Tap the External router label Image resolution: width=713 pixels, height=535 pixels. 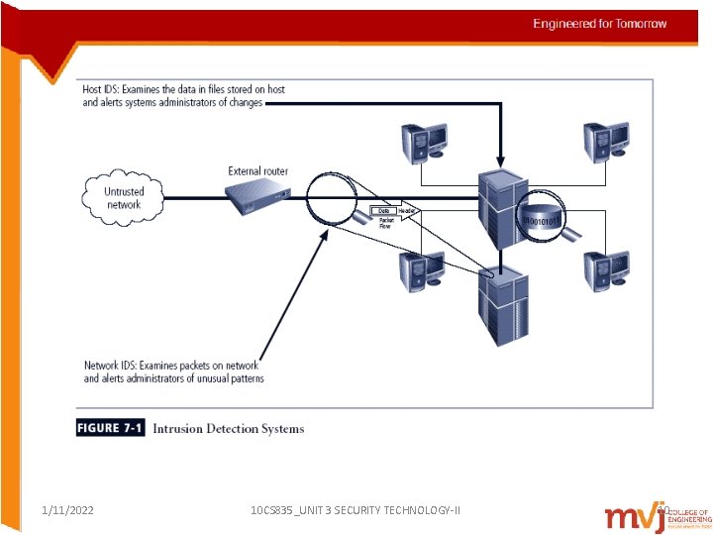(257, 171)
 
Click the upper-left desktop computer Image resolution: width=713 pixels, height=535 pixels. (423, 141)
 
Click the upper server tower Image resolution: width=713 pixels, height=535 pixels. (500, 208)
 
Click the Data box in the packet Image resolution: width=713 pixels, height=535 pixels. (383, 211)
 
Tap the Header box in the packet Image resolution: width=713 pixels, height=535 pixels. (406, 211)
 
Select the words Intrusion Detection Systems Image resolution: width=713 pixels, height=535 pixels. (229, 429)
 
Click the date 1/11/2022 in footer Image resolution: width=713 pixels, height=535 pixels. (68, 509)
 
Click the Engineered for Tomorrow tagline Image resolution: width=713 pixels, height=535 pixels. (599, 24)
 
